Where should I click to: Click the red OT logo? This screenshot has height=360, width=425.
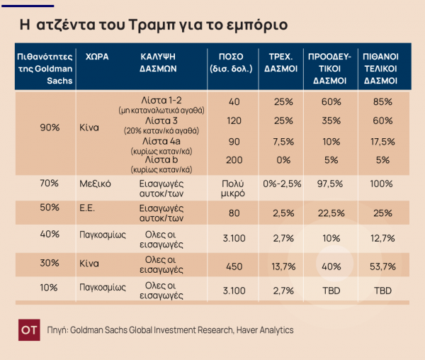coord(28,330)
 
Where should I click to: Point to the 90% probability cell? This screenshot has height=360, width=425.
coord(50,128)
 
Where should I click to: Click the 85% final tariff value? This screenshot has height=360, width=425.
coord(383,102)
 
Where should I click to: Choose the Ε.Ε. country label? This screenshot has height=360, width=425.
coord(89,210)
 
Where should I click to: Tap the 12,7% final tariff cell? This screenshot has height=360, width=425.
coord(383,237)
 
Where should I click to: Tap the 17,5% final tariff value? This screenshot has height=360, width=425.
coord(383,141)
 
